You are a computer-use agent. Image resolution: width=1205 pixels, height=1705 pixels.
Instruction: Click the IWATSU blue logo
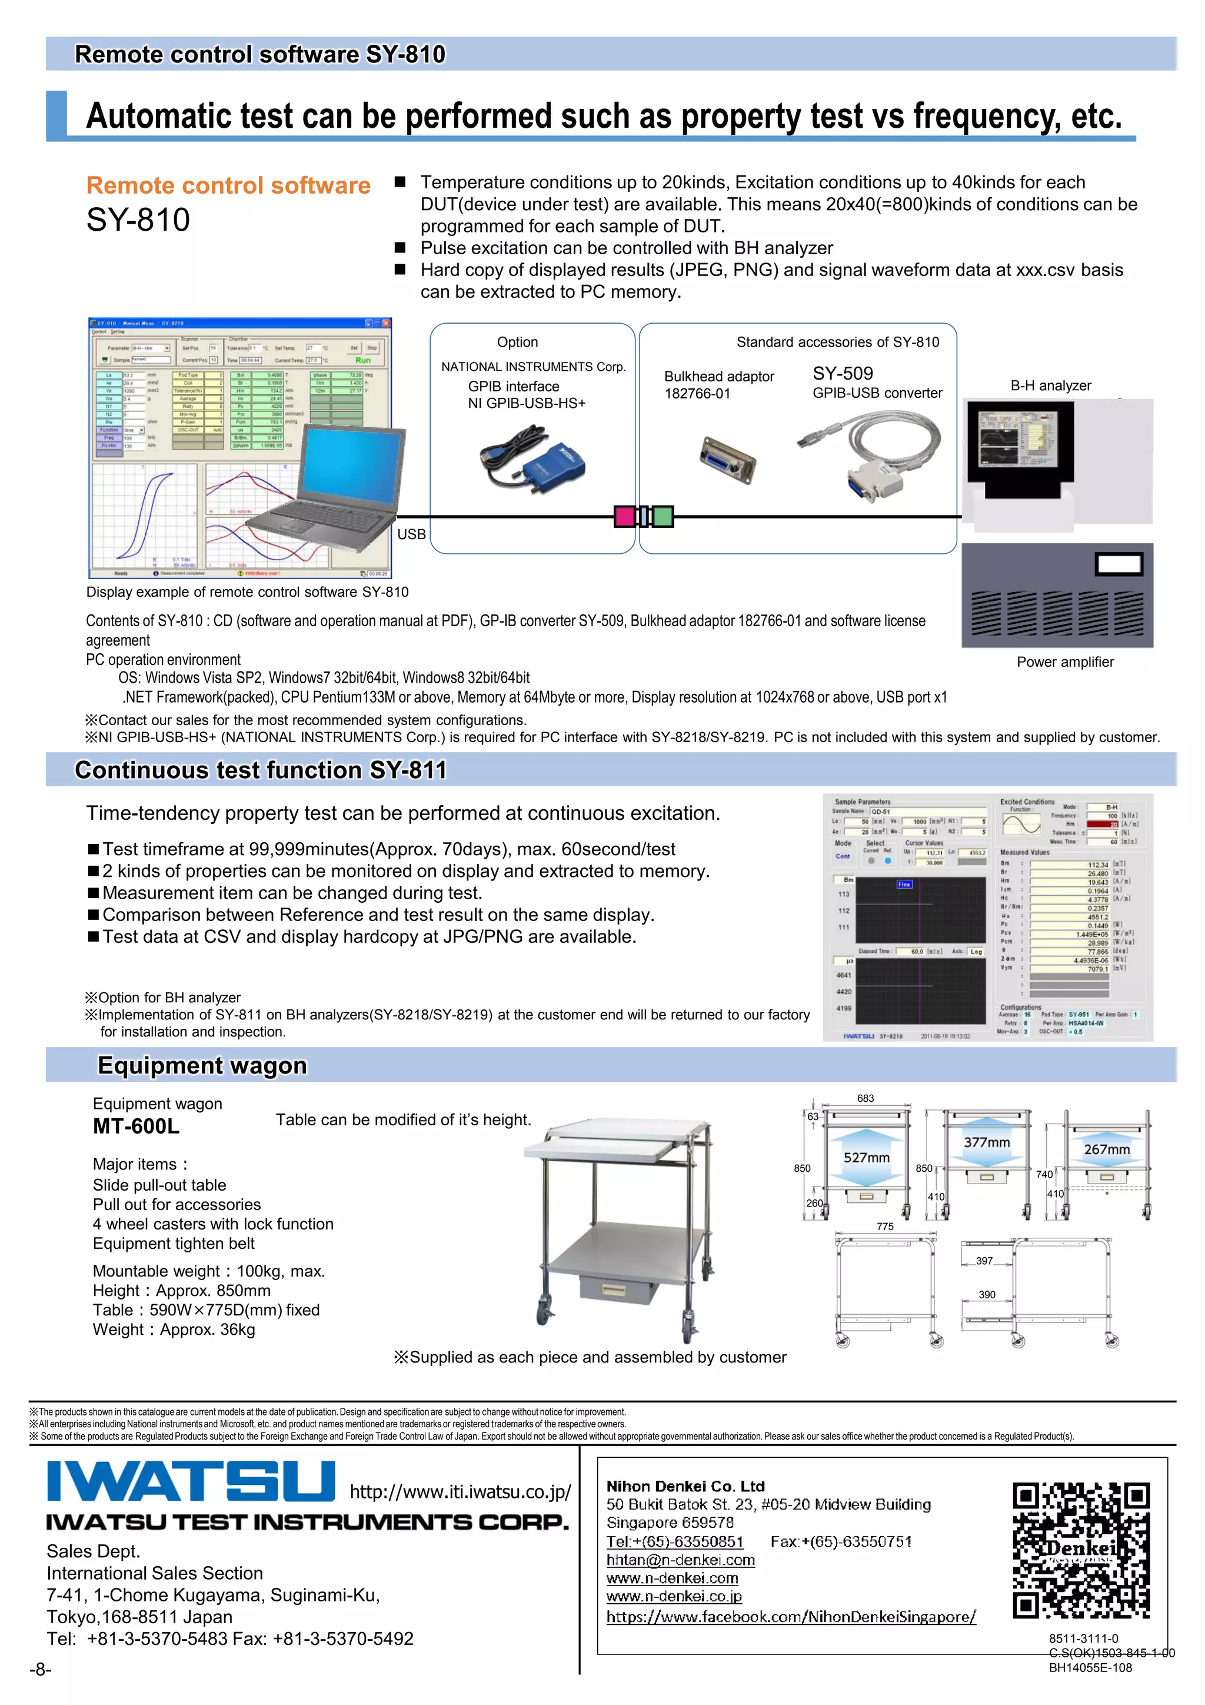click(x=191, y=1481)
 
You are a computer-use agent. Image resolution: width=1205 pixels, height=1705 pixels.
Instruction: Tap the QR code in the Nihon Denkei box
click(x=1081, y=1550)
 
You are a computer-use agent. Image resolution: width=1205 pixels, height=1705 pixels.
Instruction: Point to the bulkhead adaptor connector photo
click(x=728, y=459)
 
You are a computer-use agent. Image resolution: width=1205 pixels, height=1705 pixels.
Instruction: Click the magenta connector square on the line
click(x=624, y=516)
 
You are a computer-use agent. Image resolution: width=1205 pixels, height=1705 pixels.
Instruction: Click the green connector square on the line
click(x=663, y=516)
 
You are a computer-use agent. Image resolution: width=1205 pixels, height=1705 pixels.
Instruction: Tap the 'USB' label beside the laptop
click(x=411, y=534)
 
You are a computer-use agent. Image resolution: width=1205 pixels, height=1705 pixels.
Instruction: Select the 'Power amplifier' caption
click(x=1065, y=662)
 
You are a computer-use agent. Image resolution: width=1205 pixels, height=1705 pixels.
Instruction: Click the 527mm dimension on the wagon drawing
click(x=866, y=1158)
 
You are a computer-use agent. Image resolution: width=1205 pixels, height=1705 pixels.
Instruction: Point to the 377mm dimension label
click(x=986, y=1142)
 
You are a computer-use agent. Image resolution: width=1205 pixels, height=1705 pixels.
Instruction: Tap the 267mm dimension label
click(x=1106, y=1149)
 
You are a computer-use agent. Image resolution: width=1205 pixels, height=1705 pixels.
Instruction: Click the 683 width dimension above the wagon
click(x=865, y=1098)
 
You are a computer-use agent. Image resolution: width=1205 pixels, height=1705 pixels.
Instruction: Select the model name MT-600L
click(x=136, y=1126)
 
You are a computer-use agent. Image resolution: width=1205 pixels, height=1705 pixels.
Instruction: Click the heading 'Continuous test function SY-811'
click(x=261, y=770)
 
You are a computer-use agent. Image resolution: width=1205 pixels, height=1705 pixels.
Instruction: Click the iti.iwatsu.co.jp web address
click(x=460, y=1491)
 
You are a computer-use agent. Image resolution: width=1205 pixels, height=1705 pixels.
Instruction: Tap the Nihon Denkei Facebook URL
click(x=791, y=1617)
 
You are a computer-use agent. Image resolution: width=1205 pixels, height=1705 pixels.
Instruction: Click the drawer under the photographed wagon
click(x=618, y=1289)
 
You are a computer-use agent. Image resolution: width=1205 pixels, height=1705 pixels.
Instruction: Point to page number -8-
click(x=40, y=1669)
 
